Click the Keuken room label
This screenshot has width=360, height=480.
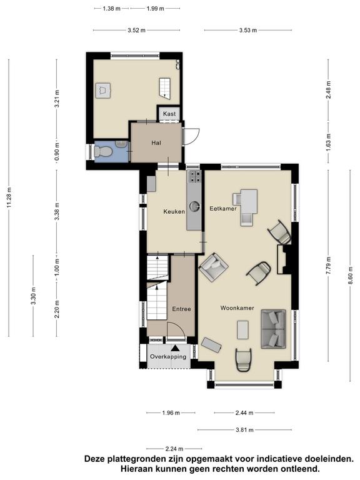174,211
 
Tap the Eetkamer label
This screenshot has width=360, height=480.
223,209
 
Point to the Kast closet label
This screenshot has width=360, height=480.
169,114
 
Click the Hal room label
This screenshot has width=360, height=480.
156,142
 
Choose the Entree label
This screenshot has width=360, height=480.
181,309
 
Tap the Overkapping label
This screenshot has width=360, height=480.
168,357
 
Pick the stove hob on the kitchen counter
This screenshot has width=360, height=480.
194,177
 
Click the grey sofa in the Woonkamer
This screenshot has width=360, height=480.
273,329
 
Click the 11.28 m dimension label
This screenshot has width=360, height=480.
9,197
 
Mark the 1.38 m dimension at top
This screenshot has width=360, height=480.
111,9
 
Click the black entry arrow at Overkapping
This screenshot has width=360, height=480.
176,348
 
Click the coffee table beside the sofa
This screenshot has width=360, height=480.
243,330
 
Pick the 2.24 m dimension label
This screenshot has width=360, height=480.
174,449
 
